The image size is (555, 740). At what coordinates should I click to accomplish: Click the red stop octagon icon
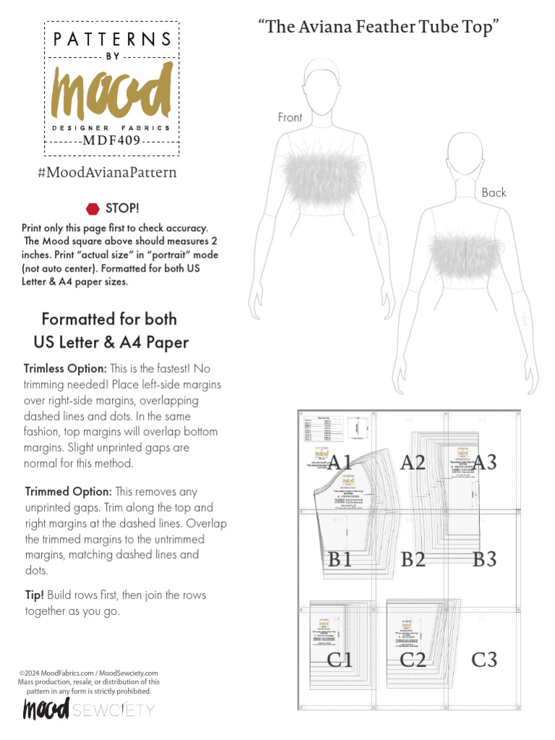[92, 209]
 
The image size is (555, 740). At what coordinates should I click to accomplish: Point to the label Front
[290, 117]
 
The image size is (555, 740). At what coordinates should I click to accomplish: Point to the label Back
[494, 192]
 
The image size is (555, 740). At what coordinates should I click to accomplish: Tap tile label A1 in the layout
[339, 462]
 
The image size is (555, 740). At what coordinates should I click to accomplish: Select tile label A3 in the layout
[484, 462]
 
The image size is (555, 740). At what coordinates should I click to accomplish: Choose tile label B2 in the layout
[413, 559]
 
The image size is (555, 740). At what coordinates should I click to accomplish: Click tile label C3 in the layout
[484, 659]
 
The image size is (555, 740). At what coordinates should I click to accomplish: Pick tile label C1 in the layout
[340, 659]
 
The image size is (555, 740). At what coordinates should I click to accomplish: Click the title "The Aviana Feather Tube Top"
[379, 27]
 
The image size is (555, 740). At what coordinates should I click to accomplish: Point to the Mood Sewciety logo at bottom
[88, 710]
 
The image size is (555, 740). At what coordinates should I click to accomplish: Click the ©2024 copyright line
[88, 673]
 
